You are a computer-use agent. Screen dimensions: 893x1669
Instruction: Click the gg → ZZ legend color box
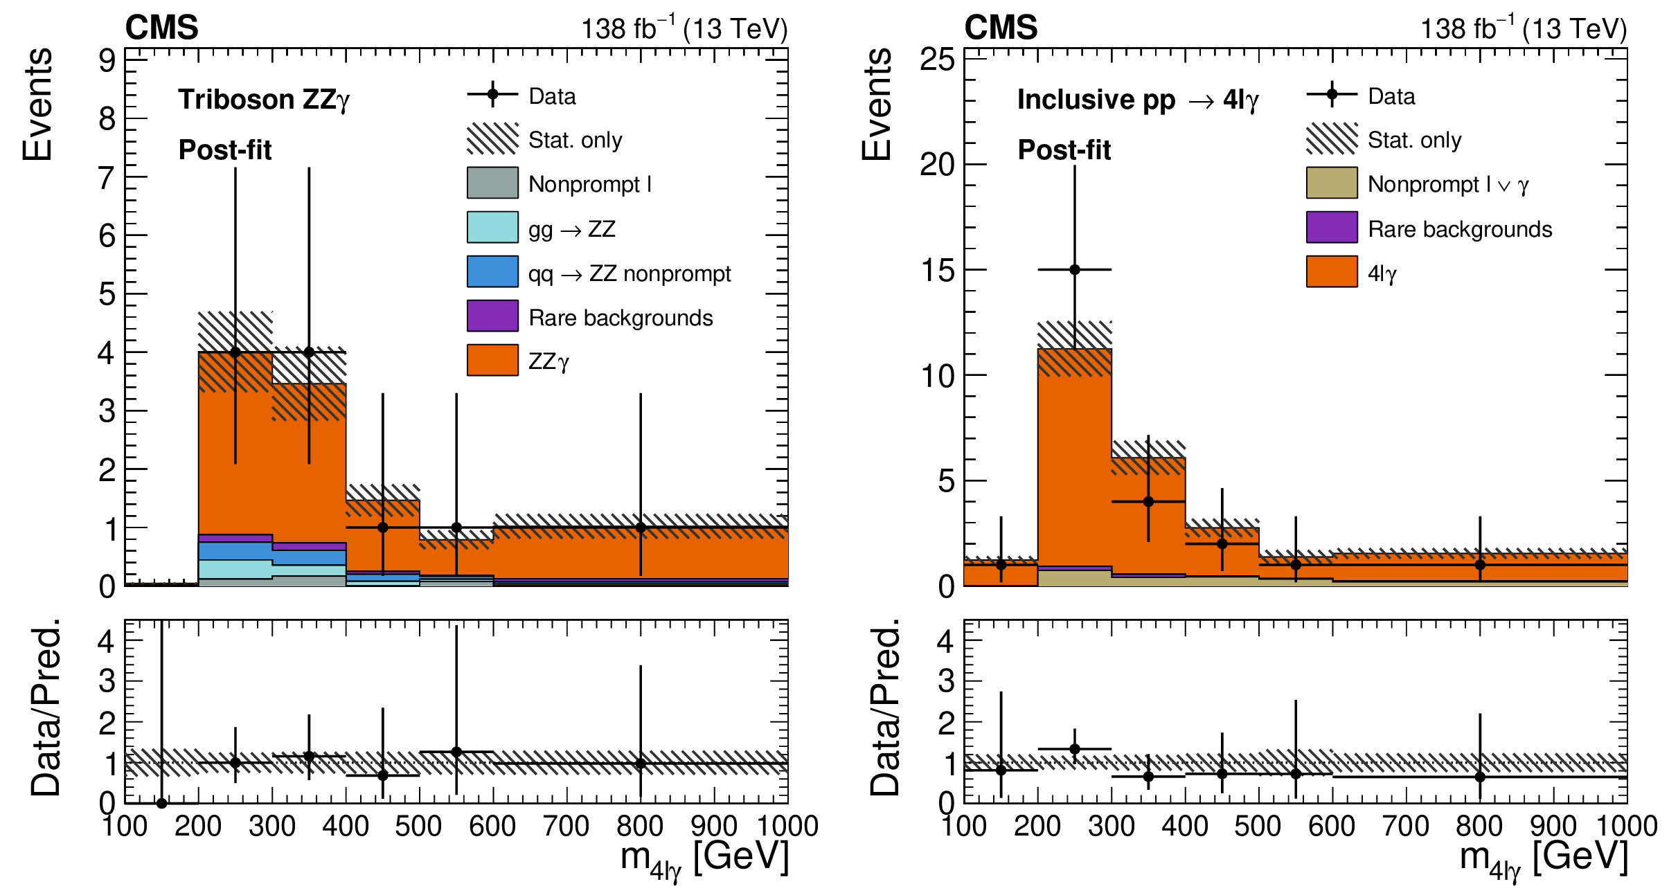[492, 227]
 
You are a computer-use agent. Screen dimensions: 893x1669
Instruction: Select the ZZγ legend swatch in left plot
[492, 360]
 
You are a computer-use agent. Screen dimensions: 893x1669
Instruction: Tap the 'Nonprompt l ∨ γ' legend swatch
[1331, 183]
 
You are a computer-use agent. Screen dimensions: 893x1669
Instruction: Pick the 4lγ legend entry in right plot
[1331, 271]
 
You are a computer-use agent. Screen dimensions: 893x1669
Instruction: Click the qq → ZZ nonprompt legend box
[492, 271]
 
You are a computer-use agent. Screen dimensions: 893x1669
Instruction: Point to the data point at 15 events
[1074, 269]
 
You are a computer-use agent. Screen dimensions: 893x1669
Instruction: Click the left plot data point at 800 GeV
[641, 527]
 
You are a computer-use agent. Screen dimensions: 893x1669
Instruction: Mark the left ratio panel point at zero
[161, 803]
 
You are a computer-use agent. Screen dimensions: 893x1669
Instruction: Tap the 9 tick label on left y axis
[107, 61]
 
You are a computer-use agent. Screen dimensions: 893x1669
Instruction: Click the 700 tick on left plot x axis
[566, 826]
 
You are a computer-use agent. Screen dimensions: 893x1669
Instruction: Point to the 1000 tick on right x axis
[1626, 826]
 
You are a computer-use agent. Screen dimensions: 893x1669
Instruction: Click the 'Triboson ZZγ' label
[264, 100]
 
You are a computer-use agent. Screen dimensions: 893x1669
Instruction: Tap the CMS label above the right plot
[1001, 28]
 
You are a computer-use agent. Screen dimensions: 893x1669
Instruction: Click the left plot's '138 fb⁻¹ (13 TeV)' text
[684, 29]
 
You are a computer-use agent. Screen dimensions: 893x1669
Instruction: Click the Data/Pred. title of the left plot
[46, 707]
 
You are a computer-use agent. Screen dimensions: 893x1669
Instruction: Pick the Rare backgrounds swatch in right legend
[1331, 227]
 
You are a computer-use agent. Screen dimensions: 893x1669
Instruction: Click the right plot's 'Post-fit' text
[1064, 150]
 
